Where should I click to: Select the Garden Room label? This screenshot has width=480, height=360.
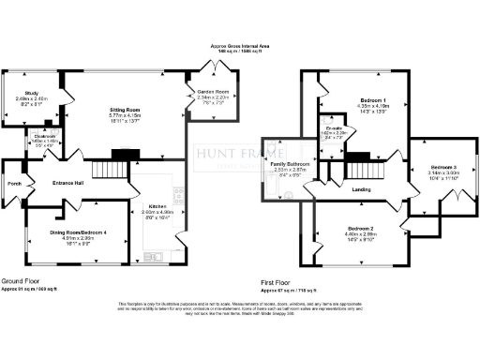207,92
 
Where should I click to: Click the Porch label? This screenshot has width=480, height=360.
13,183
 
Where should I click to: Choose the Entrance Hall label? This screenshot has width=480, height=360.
70,183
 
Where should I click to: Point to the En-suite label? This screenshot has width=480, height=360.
334,128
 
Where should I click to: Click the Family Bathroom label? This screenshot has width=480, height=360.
289,164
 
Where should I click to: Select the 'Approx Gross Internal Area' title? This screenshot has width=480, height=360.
242,45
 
